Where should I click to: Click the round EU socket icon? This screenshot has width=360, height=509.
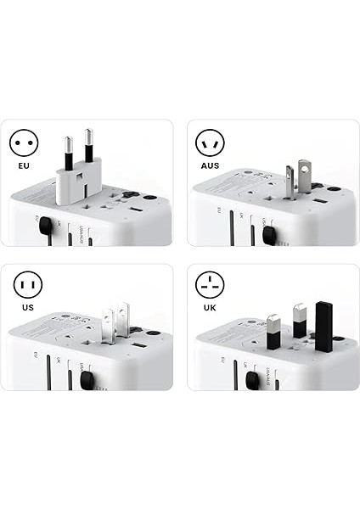pos(25,142)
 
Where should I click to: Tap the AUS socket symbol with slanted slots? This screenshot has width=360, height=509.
pos(210,142)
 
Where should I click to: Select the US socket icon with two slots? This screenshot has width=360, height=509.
pos(25,286)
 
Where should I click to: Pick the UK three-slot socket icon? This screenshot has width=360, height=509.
pos(210,286)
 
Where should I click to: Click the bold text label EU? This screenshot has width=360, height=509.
pos(25,167)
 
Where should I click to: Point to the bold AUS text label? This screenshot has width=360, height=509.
pos(210,167)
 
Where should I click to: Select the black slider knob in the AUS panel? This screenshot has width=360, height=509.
pos(269,235)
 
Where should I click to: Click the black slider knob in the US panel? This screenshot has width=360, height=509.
pos(86,379)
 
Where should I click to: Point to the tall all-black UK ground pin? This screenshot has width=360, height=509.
pos(323,326)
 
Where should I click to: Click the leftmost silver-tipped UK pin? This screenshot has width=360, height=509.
pos(273,332)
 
